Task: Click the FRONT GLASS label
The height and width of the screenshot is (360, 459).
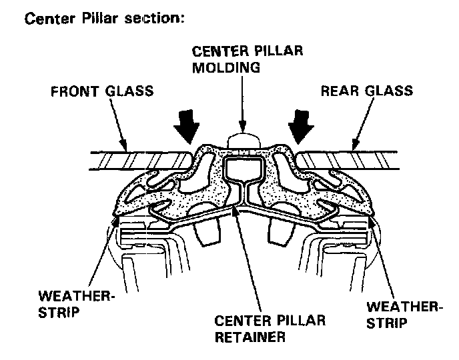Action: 102,91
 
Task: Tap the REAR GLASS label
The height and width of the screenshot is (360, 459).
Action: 366,91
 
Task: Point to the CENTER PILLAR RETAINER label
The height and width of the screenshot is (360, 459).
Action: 270,328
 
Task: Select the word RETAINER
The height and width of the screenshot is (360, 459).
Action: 250,337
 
